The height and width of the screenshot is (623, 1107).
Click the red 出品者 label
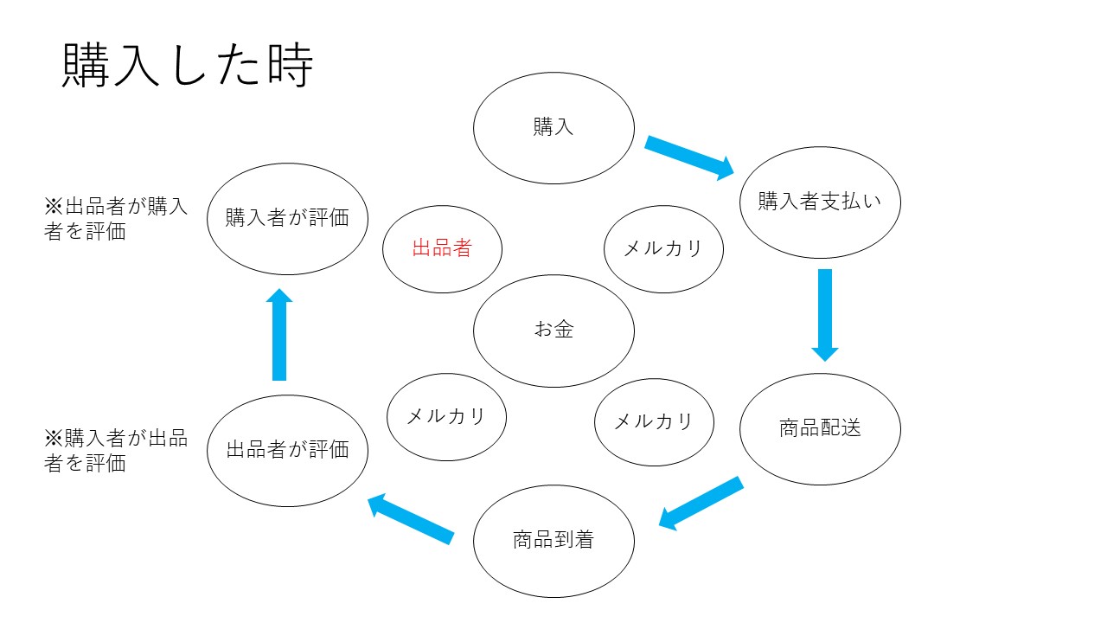442,247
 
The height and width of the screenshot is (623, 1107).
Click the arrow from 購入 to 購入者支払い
689,157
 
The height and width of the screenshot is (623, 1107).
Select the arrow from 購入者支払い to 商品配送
825,315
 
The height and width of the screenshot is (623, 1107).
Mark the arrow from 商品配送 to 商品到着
701,504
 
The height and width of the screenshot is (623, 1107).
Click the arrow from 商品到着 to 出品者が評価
411,518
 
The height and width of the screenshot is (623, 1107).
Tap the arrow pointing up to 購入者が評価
279,334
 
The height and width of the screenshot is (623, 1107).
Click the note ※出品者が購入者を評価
116,219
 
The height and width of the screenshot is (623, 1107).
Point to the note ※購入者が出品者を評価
116,451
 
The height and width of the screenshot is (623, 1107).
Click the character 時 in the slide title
291,65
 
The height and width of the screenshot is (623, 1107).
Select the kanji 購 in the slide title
86,65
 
